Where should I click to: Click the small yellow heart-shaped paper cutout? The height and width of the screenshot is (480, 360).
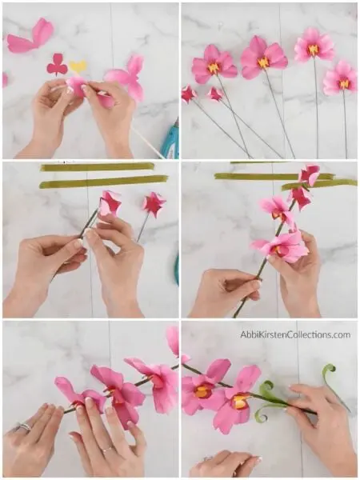pyautogui.click(x=78, y=67)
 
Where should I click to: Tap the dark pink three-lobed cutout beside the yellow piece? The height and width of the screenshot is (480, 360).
pyautogui.click(x=57, y=65)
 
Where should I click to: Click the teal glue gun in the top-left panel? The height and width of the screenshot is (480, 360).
pyautogui.click(x=170, y=140)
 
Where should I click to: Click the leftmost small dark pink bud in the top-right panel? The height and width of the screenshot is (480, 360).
pyautogui.click(x=189, y=94)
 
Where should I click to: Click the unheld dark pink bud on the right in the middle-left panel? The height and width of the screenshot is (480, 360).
pyautogui.click(x=152, y=204)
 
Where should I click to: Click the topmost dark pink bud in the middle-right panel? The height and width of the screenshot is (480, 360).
pyautogui.click(x=308, y=174)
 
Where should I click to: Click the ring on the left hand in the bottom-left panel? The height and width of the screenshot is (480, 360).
pyautogui.click(x=23, y=427)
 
